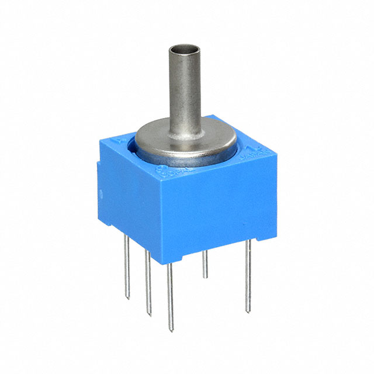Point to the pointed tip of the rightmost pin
click(250, 310)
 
